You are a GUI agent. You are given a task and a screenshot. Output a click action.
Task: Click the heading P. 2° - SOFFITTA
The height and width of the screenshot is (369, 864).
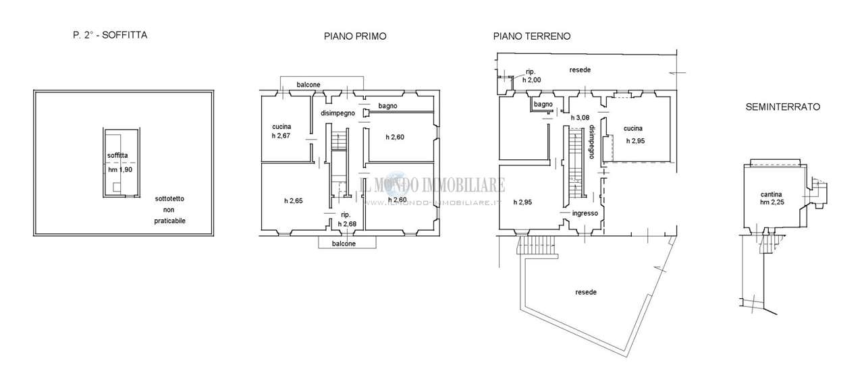110,35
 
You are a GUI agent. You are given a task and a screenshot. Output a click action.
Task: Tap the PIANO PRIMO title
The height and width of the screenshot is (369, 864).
355,36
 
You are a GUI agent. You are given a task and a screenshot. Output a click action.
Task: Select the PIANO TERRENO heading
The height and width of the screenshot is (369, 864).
532,36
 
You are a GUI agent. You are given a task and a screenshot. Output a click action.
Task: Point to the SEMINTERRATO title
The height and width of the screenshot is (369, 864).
782,107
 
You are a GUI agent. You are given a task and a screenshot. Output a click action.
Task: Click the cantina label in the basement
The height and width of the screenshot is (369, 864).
772,194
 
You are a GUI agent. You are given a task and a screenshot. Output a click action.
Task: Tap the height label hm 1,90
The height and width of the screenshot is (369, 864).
120,169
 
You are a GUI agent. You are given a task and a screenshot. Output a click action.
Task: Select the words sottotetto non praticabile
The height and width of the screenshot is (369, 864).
169,210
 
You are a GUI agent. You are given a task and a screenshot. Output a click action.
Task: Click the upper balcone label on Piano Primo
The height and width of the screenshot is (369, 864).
308,84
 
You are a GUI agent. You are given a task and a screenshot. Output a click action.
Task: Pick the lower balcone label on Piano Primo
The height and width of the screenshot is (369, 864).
344,244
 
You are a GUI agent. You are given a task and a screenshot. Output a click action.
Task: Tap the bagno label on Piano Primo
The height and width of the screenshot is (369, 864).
387,106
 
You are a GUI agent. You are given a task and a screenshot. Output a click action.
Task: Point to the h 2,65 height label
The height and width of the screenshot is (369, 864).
294,201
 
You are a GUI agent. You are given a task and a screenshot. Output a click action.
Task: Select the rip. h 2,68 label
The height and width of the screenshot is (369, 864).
347,219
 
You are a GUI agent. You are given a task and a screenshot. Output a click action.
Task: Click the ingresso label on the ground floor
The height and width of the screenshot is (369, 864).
585,213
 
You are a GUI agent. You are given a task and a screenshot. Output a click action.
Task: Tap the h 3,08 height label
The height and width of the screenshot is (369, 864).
580,117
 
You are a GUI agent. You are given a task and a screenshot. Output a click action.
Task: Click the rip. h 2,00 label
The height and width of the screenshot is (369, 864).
531,76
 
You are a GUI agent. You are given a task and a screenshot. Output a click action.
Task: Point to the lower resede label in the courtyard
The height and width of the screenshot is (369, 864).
586,292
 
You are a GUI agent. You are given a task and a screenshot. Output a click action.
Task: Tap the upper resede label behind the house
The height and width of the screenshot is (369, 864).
580,69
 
